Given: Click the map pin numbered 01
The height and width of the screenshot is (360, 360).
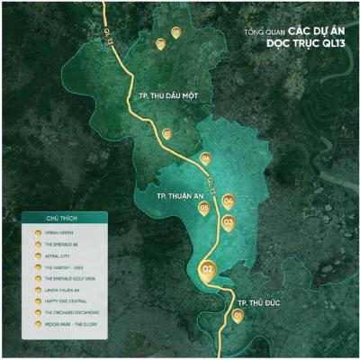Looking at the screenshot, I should click(238, 316).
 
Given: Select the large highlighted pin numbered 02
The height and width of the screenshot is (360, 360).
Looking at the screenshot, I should click(208, 269).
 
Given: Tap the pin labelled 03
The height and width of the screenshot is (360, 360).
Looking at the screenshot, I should click(229, 220).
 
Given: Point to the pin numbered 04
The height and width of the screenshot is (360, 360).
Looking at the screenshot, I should click(229, 202).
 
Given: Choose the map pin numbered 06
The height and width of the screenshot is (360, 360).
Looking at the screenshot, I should click(206, 158).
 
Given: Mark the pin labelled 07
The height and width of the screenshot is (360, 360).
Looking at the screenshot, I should click(166, 133).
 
